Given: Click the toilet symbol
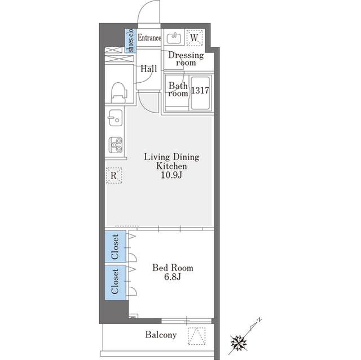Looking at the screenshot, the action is click(119, 92).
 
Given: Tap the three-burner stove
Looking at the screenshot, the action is click(116, 145).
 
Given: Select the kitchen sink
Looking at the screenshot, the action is click(116, 118).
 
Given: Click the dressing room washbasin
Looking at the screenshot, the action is click(174, 38).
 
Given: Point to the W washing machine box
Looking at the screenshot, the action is click(195, 38).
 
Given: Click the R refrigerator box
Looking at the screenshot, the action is click(114, 175).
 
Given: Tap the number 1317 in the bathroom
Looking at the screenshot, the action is click(200, 91).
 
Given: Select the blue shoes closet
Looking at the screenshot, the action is click(130, 41).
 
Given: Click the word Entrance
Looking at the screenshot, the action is click(149, 38).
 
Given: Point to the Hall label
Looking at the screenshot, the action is click(149, 69).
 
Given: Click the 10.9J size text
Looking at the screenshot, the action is click(171, 175).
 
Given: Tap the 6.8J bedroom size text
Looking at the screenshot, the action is click(173, 277).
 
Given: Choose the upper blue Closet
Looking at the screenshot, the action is click(115, 246).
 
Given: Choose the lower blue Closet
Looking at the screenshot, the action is click(115, 282).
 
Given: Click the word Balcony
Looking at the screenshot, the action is click(161, 335).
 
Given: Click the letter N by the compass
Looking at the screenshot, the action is click(259, 320).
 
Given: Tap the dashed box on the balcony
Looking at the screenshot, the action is click(197, 336).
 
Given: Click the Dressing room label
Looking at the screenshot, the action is click(186, 59).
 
